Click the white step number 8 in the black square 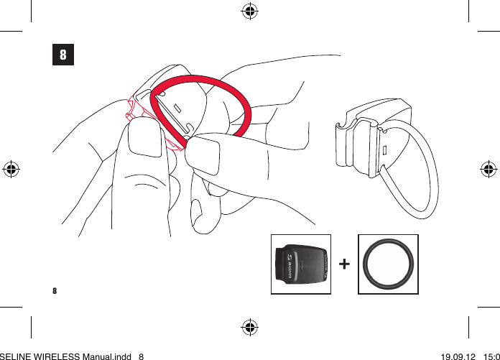63,55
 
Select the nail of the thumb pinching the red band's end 203,152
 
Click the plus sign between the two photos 344,264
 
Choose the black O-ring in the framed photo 388,264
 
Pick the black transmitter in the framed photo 301,264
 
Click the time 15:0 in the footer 491,355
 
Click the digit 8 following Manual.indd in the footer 142,355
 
